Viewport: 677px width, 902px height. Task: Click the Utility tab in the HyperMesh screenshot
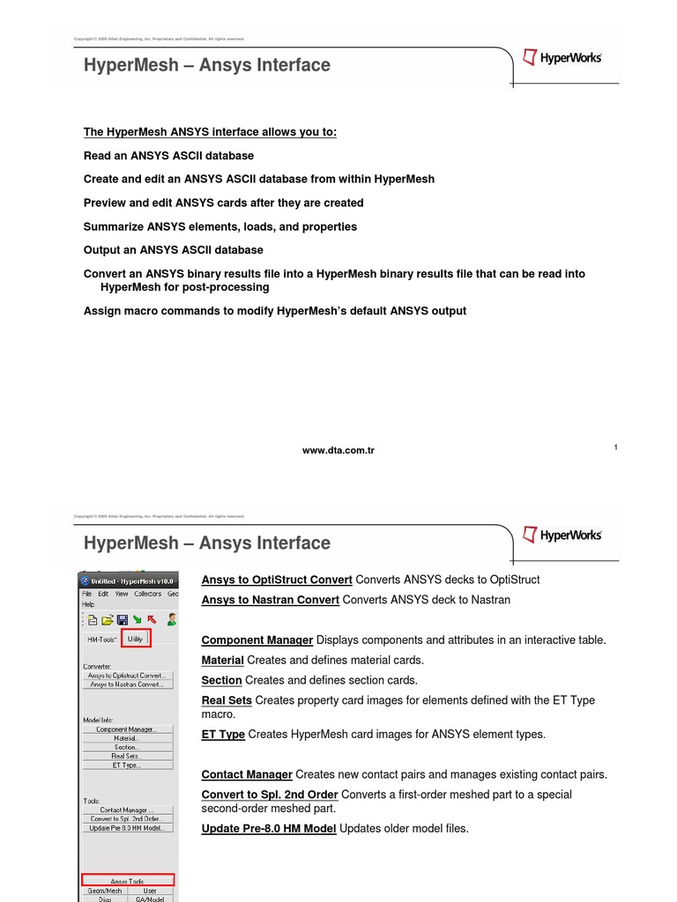tap(136, 639)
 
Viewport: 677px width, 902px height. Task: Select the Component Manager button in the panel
tap(127, 729)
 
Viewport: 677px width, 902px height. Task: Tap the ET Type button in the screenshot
tap(127, 765)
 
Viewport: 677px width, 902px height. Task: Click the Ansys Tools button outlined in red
tap(128, 880)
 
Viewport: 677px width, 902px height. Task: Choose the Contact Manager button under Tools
tap(127, 810)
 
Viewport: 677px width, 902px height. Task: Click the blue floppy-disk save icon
tap(123, 620)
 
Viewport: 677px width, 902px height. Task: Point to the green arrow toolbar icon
tap(137, 620)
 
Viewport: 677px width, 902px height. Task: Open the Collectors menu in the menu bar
tap(147, 594)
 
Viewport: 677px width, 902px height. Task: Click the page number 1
tap(615, 448)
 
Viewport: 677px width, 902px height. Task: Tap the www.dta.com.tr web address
tap(338, 450)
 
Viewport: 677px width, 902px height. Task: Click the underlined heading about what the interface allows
tap(210, 132)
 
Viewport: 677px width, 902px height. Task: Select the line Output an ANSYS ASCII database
tap(173, 250)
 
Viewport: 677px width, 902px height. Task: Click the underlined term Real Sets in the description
tap(227, 700)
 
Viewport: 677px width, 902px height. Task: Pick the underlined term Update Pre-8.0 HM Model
tap(268, 828)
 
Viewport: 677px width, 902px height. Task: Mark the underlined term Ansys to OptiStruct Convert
tap(277, 580)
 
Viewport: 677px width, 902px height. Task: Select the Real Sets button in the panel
tap(127, 756)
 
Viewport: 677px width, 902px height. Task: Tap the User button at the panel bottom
tap(150, 891)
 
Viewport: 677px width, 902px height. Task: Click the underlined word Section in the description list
tap(221, 680)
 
